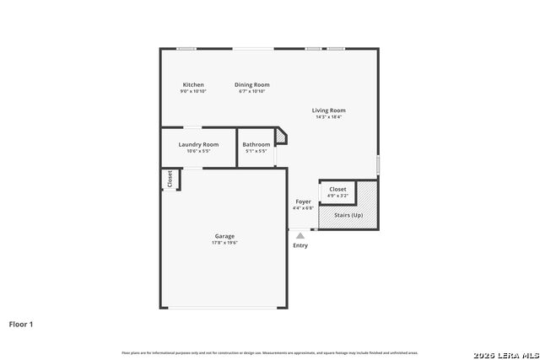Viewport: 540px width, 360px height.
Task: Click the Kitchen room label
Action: click(x=193, y=84)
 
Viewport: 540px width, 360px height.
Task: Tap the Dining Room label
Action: click(x=251, y=84)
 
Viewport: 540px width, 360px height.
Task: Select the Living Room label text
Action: click(x=328, y=110)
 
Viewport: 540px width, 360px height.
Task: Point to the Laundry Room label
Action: click(x=198, y=144)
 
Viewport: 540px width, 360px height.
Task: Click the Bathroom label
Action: click(x=256, y=144)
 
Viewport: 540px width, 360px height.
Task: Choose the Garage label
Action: click(x=224, y=236)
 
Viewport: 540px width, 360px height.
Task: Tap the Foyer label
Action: click(x=303, y=201)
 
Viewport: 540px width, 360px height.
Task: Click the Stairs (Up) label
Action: click(x=348, y=215)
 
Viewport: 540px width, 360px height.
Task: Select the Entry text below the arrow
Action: click(x=300, y=245)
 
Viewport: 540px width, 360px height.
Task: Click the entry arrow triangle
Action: click(x=300, y=236)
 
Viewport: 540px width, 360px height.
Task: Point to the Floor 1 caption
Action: click(x=21, y=324)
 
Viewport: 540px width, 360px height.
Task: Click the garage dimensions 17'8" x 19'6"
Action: click(x=224, y=243)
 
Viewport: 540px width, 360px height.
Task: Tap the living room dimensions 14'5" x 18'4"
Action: click(x=328, y=117)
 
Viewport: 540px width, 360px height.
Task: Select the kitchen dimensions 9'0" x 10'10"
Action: click(x=193, y=91)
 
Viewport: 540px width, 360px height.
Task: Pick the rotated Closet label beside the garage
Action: click(x=170, y=179)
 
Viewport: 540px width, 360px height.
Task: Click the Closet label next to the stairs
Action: click(x=337, y=189)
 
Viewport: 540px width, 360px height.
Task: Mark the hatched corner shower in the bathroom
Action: click(x=282, y=137)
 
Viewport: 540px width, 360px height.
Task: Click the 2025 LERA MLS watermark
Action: click(x=505, y=352)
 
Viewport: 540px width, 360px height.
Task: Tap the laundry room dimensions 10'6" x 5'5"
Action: click(x=198, y=151)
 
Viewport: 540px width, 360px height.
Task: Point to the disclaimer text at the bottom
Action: click(x=269, y=352)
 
